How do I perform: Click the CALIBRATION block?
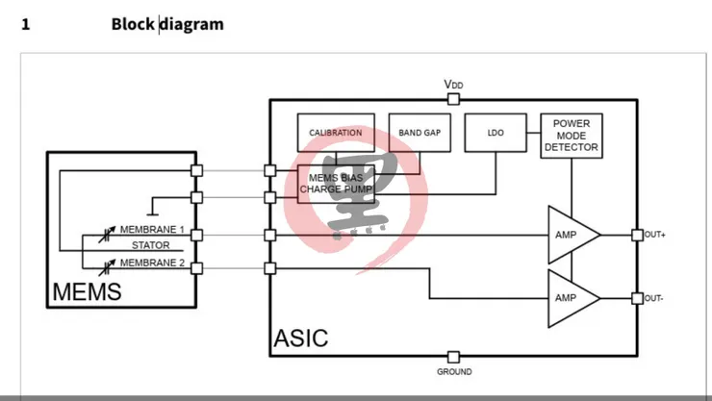click(x=336, y=133)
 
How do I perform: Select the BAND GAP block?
click(x=420, y=133)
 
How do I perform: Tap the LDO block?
click(x=496, y=133)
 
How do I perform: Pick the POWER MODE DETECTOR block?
click(x=572, y=136)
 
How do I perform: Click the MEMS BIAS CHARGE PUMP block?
click(x=335, y=184)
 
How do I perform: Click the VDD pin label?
click(x=453, y=84)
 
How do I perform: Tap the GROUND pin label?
click(x=454, y=372)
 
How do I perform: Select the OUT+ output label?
click(x=654, y=235)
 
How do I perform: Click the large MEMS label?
click(x=87, y=291)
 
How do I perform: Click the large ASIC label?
click(x=300, y=338)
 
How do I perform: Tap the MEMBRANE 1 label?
click(x=152, y=230)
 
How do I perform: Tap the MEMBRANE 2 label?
click(x=152, y=263)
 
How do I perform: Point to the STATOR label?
click(x=151, y=246)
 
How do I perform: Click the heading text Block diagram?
click(x=167, y=24)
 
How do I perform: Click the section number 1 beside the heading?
click(x=26, y=24)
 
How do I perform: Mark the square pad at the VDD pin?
click(x=453, y=98)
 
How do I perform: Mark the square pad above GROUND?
click(x=453, y=356)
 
